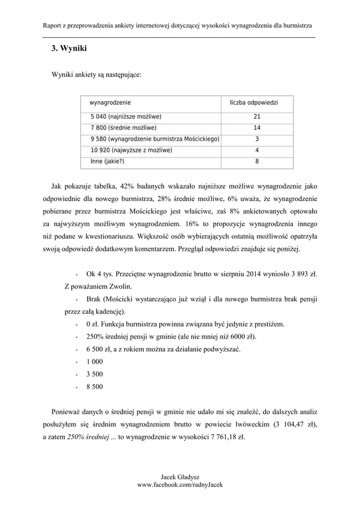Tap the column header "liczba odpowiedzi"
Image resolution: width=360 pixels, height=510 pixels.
point(257,102)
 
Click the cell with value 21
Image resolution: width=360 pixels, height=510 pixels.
point(257,117)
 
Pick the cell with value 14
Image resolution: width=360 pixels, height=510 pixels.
point(257,128)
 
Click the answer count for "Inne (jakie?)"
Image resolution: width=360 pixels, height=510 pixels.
point(257,161)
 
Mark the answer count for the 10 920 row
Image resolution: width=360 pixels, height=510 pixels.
point(257,150)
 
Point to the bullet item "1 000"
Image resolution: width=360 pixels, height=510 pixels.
point(94,362)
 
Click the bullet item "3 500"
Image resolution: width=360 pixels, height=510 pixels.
point(94,374)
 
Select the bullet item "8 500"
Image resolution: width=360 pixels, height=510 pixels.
point(94,387)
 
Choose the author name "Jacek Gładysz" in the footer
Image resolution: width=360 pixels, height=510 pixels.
point(181,477)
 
